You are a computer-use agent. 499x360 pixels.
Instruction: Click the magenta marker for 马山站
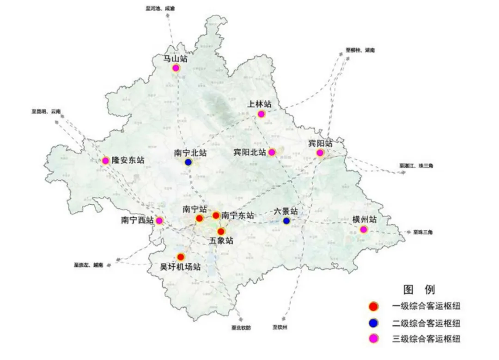(176, 68)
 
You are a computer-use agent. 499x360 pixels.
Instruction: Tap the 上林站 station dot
(261, 114)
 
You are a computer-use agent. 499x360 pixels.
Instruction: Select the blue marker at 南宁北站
(189, 162)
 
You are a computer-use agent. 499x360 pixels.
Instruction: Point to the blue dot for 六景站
(286, 221)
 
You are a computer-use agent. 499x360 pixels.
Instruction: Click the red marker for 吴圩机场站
(181, 256)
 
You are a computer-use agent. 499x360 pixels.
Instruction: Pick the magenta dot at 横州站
(363, 229)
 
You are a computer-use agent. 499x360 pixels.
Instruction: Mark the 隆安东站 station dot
(105, 161)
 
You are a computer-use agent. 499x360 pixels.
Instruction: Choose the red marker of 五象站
(221, 231)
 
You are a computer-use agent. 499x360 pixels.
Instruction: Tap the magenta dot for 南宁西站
(159, 221)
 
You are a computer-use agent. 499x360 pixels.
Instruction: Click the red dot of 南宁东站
(216, 215)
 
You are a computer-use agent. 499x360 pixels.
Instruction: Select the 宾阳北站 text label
(249, 152)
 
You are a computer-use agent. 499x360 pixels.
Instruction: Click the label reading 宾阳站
(320, 143)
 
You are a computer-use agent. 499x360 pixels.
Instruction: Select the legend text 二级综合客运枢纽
(426, 323)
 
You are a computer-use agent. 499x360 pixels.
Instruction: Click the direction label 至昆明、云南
(46, 111)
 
